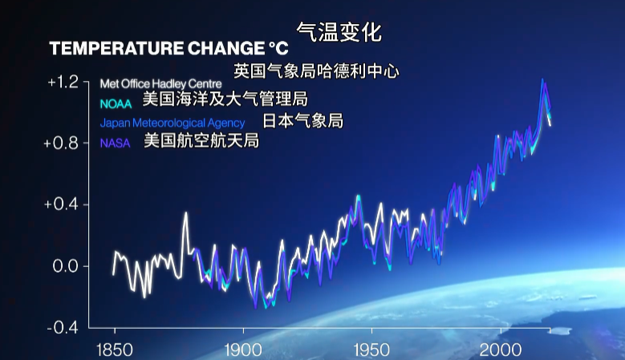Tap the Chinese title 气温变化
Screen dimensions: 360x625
[339, 32]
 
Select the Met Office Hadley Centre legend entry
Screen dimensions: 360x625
[160, 83]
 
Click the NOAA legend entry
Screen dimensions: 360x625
[116, 103]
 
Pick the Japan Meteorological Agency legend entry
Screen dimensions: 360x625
[172, 123]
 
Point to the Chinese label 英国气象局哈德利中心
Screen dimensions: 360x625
[316, 71]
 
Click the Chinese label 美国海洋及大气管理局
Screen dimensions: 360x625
[225, 99]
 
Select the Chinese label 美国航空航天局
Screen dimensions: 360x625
[201, 141]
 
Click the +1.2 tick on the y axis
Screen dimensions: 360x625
[63, 82]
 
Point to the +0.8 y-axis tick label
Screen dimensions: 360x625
[63, 144]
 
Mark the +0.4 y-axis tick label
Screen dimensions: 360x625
[63, 204]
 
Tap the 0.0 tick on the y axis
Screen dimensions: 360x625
[66, 266]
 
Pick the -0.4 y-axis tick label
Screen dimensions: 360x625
[64, 327]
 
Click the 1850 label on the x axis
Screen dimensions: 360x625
[115, 350]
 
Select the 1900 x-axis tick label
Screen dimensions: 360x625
[243, 350]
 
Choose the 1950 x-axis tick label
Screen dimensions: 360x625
[371, 350]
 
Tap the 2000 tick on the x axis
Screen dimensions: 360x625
[500, 350]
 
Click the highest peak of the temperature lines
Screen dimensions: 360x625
[543, 80]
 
